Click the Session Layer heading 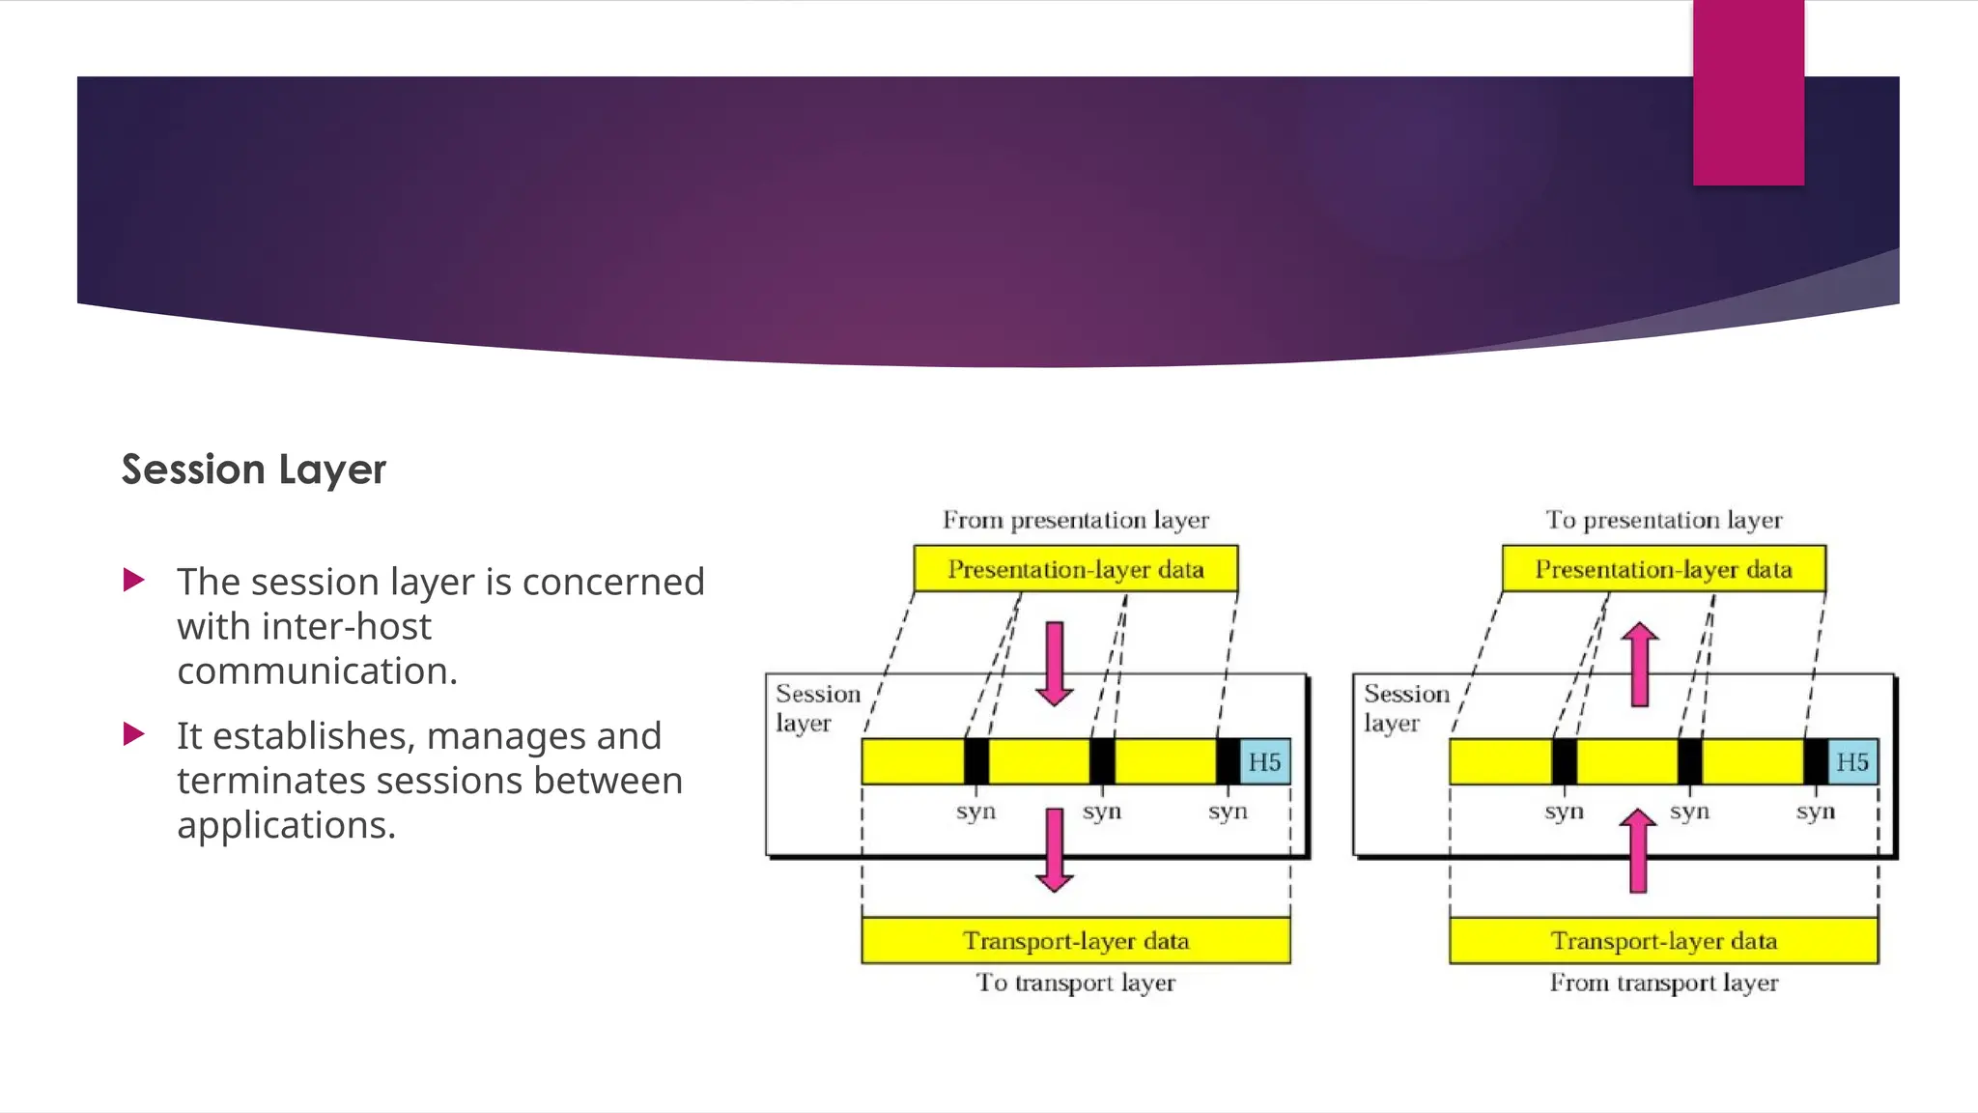tap(253, 470)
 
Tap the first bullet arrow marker tap(134, 581)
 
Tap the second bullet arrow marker tap(134, 734)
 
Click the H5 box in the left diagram tap(1264, 761)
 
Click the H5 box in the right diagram tap(1851, 761)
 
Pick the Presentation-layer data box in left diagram tap(1075, 569)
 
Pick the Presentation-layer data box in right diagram tap(1663, 569)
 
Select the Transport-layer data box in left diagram tap(1075, 940)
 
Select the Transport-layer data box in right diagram tap(1663, 940)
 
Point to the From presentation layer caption tap(1075, 520)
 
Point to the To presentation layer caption tap(1663, 520)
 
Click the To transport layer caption tap(1075, 983)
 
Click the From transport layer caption tap(1663, 983)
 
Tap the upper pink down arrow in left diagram tap(1055, 665)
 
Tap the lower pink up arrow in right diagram tap(1638, 850)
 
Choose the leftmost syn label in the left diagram tap(975, 812)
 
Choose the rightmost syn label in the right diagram tap(1815, 812)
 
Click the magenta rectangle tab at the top tap(1748, 93)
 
